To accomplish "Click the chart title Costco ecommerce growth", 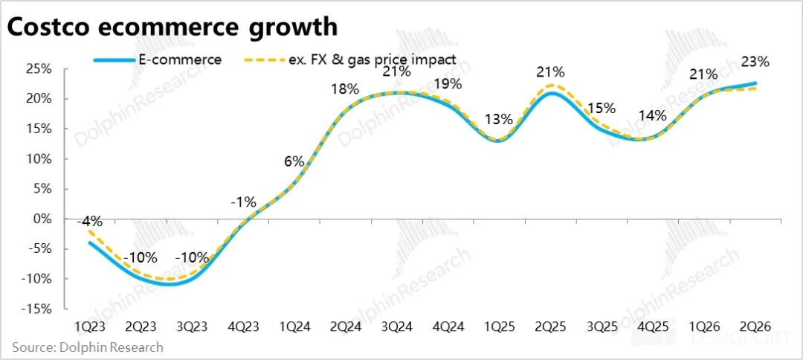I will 172,27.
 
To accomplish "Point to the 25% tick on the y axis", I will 36,69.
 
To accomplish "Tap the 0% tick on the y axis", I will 41,219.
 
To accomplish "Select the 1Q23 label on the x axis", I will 90,327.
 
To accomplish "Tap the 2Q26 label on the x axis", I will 755,327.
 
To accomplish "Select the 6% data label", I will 294,161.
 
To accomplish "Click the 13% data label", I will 498,119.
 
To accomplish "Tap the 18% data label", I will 345,89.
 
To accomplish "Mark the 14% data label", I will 653,115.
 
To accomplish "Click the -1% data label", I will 242,201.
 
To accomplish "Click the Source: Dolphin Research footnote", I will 88,347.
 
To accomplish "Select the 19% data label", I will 447,83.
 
